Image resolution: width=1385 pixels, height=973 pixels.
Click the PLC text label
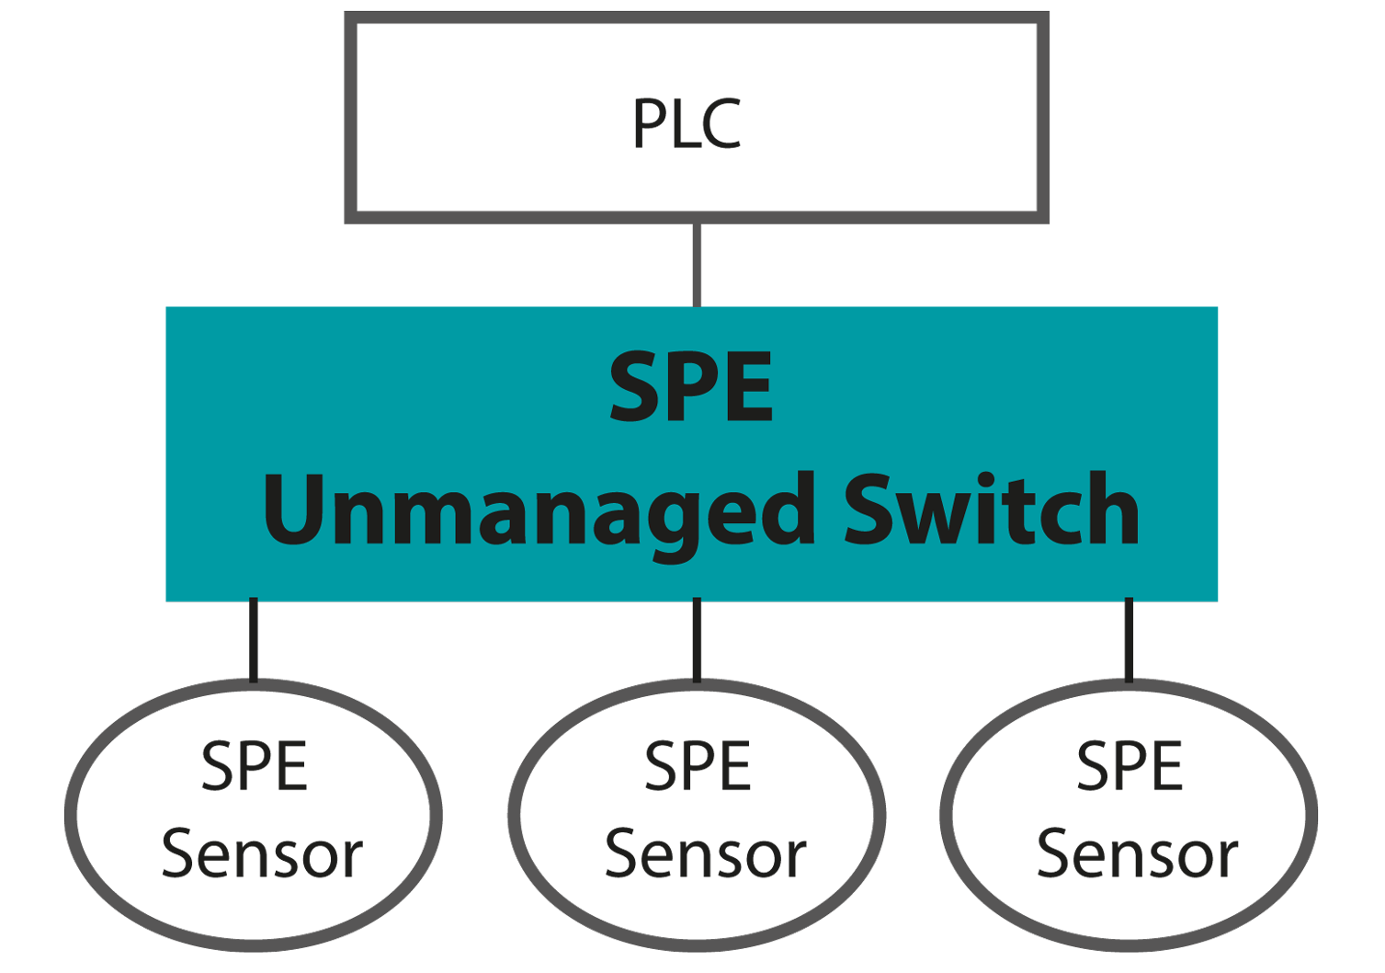click(687, 124)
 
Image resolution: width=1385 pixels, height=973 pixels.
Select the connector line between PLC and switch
click(697, 264)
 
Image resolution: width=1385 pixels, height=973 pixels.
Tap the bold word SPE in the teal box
click(692, 388)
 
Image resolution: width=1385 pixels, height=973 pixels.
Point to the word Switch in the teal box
click(992, 509)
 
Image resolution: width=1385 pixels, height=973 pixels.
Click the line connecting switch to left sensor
click(254, 640)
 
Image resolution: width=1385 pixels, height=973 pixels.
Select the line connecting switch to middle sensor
click(697, 640)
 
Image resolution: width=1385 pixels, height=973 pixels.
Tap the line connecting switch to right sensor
click(1129, 640)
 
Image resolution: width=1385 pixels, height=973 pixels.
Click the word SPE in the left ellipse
click(255, 767)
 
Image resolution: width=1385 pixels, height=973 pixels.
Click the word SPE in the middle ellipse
click(698, 767)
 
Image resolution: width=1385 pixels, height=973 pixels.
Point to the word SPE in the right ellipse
click(1130, 767)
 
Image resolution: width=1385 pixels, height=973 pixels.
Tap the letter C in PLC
click(723, 124)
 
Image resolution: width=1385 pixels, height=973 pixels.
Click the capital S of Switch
click(868, 509)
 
